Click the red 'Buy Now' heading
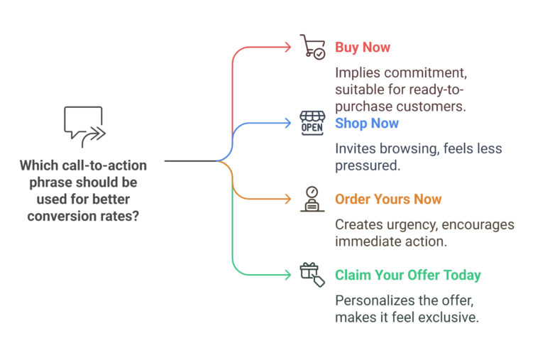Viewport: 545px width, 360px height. coord(363,48)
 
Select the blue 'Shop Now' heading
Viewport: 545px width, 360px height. coord(367,124)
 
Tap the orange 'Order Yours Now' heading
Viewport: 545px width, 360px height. coord(388,200)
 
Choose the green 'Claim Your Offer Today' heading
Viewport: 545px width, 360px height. coord(408,276)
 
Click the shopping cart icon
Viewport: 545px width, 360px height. coord(312,47)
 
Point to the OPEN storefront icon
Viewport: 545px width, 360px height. coord(312,122)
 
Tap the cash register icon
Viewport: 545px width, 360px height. coord(312,199)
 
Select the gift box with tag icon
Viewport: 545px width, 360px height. coord(312,274)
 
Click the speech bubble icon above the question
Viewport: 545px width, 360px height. coord(84,126)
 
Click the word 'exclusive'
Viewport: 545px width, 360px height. coord(450,317)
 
